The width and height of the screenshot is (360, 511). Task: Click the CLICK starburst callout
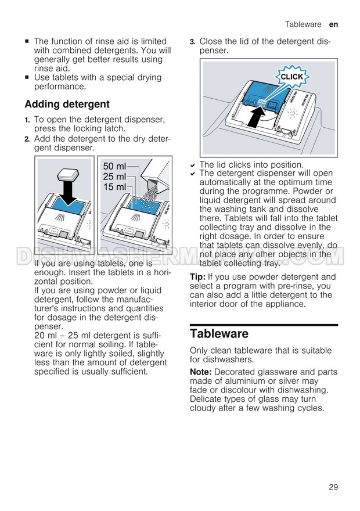292,77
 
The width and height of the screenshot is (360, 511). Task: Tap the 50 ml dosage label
114,166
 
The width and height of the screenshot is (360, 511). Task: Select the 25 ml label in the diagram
114,177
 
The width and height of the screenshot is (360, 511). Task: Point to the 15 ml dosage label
114,187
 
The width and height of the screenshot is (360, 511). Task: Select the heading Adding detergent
67,105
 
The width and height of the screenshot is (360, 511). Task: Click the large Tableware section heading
219,334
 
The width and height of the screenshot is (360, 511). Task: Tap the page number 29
333,487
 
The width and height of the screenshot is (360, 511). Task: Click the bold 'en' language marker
334,24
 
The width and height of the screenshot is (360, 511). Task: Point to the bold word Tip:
198,277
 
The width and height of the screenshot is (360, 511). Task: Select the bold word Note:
201,372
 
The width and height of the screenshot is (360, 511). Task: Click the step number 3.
192,42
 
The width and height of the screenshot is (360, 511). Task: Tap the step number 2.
27,139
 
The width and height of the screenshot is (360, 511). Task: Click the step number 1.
27,120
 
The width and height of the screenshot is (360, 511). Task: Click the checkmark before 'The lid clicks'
193,165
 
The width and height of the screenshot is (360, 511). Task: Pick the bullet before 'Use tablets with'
27,78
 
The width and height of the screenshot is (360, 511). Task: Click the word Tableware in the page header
303,24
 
